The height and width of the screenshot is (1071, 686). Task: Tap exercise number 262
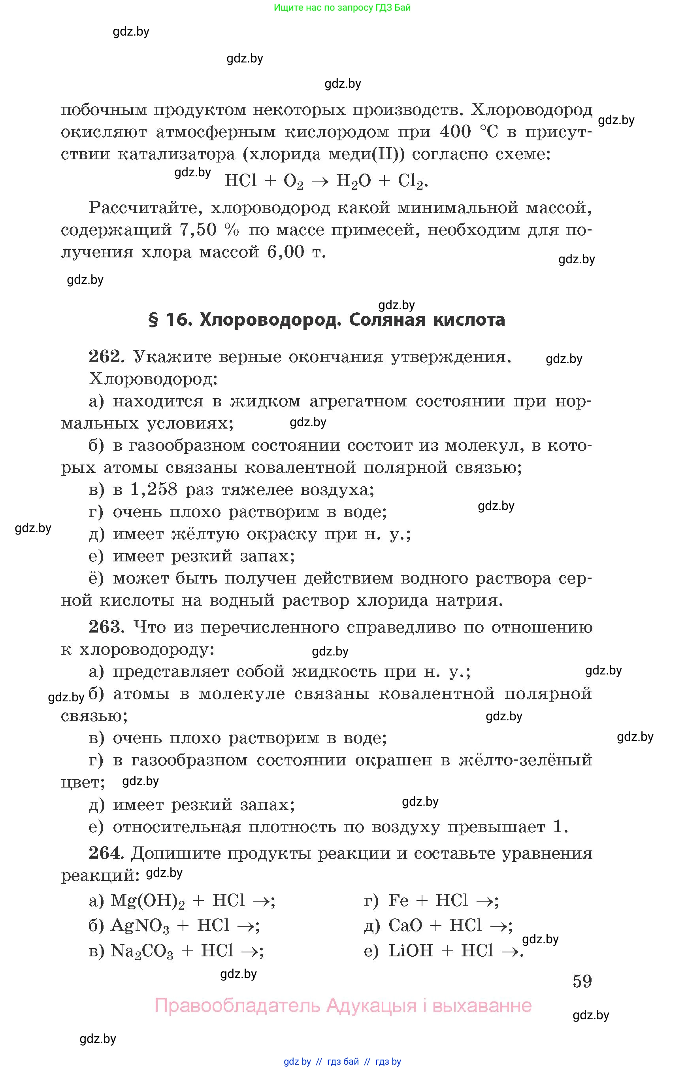click(x=104, y=357)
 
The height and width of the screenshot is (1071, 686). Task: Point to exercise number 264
click(x=104, y=853)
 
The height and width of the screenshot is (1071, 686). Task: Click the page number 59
click(x=582, y=981)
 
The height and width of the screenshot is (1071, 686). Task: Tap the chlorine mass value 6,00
click(x=286, y=252)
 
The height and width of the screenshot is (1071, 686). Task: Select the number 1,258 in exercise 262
click(x=154, y=490)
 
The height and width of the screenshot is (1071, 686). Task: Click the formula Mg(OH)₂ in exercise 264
click(x=147, y=901)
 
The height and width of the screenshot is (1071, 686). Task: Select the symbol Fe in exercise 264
click(x=398, y=901)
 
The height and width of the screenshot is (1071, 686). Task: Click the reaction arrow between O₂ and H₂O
click(x=319, y=181)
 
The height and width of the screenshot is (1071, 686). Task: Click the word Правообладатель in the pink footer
click(x=237, y=1005)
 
